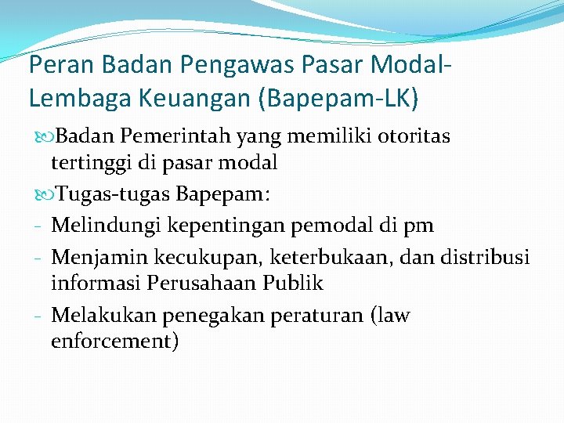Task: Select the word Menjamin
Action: coord(95,257)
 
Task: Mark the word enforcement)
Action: coord(114,341)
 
